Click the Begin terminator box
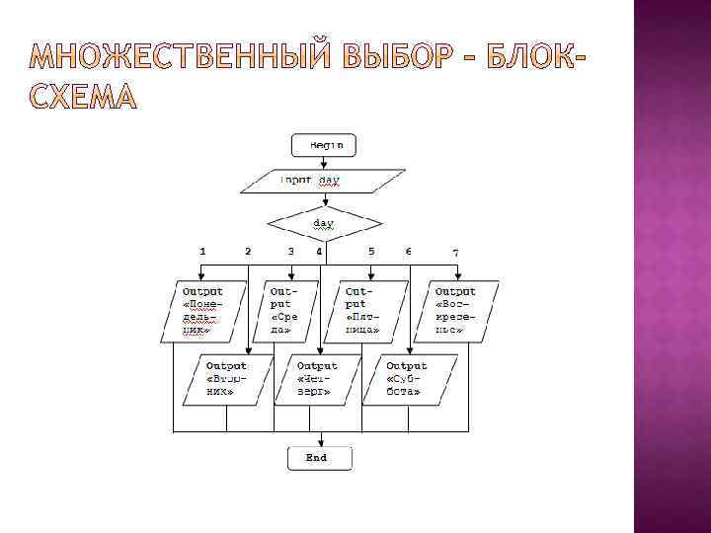pyautogui.click(x=323, y=145)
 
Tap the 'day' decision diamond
pyautogui.click(x=323, y=223)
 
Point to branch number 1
pyautogui.click(x=203, y=252)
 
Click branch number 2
pyautogui.click(x=248, y=252)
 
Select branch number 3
pyautogui.click(x=290, y=252)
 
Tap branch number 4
pyautogui.click(x=319, y=252)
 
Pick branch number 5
pyautogui.click(x=371, y=252)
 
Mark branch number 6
pyautogui.click(x=409, y=252)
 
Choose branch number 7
pyautogui.click(x=455, y=253)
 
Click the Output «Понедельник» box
pyautogui.click(x=202, y=312)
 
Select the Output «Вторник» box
pyautogui.click(x=226, y=379)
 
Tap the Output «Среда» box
pyautogui.click(x=288, y=312)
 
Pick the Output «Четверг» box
pyautogui.click(x=316, y=379)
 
